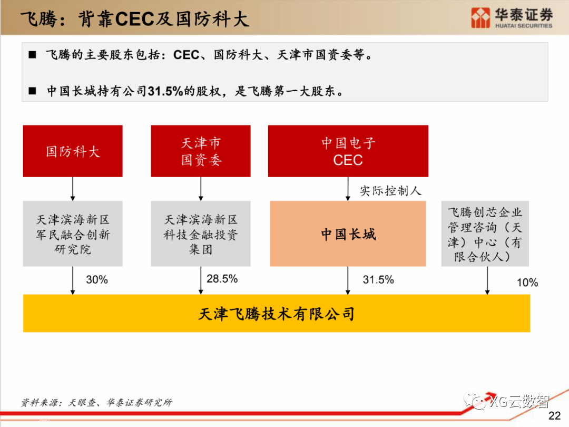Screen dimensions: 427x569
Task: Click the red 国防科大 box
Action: (73, 151)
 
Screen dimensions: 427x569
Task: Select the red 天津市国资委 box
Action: (201, 151)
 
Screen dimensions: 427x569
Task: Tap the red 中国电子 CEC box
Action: (348, 151)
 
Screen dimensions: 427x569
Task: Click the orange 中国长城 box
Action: (348, 234)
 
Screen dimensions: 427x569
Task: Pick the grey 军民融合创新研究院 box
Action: (73, 234)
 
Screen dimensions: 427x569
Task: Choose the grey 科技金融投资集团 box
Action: (201, 234)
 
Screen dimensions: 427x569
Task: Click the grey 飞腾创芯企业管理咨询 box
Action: (485, 234)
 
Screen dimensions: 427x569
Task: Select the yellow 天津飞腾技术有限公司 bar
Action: (277, 314)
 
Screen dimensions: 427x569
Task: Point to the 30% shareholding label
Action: (96, 280)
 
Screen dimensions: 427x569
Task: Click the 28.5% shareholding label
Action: (222, 279)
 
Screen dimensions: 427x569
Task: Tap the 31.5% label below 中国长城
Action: (378, 280)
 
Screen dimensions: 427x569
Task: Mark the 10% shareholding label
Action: (527, 283)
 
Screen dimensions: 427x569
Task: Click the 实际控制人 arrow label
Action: (390, 191)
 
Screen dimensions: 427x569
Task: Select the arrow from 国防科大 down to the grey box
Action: (73, 189)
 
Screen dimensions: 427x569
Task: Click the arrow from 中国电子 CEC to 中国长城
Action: (348, 189)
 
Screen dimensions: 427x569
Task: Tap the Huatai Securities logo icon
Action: (480, 18)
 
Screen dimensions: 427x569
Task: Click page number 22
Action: (555, 416)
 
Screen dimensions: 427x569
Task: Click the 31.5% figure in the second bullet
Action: (165, 91)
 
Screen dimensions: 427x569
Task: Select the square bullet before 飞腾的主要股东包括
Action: (33, 55)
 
